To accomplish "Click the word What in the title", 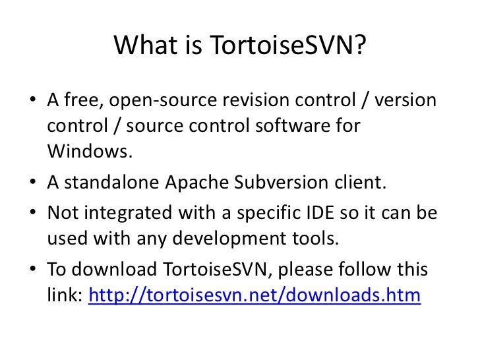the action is [x=146, y=45].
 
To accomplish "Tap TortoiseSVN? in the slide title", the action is [x=287, y=45].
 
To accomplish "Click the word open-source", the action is [x=163, y=100].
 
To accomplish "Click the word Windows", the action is [x=90, y=151].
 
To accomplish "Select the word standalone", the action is [x=111, y=182].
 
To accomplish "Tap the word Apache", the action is [x=197, y=182].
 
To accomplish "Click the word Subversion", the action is [x=282, y=182].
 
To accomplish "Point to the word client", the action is [x=360, y=182].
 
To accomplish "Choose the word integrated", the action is [x=128, y=213].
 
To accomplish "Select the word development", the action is [x=229, y=239].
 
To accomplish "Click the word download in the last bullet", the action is [x=114, y=269].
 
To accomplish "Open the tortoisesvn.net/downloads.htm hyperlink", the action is [x=255, y=295].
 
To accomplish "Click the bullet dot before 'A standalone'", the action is [x=33, y=181].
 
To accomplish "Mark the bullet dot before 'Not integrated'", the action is [x=33, y=212].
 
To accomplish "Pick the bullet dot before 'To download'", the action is [x=33, y=268].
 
